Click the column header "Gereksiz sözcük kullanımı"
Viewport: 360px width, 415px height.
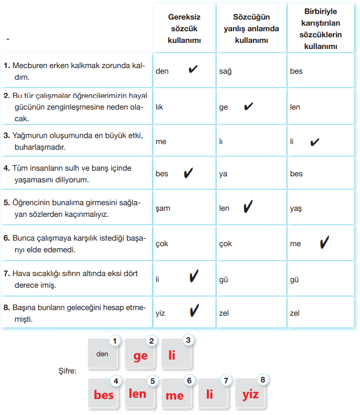pos(184,28)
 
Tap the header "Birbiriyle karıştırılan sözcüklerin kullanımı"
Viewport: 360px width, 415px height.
pos(323,28)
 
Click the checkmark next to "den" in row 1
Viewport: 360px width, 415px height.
pos(193,70)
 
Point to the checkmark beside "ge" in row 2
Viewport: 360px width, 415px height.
pos(249,106)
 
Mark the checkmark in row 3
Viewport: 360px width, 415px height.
pos(315,141)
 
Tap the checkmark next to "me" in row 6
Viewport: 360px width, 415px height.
pos(325,242)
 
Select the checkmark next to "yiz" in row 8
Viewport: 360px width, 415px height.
pos(194,310)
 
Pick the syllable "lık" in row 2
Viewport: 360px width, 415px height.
pos(159,107)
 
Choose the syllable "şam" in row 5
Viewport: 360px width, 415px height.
pos(163,208)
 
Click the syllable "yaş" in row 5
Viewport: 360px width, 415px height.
pos(296,208)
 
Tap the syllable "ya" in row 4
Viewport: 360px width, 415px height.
pos(223,174)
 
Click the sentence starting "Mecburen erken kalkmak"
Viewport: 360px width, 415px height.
pos(75,71)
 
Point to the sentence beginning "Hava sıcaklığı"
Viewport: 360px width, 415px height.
pos(75,279)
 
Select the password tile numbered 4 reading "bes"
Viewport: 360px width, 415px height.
pos(104,395)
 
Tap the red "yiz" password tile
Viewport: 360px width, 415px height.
pos(250,395)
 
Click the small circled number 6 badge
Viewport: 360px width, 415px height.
pos(189,380)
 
